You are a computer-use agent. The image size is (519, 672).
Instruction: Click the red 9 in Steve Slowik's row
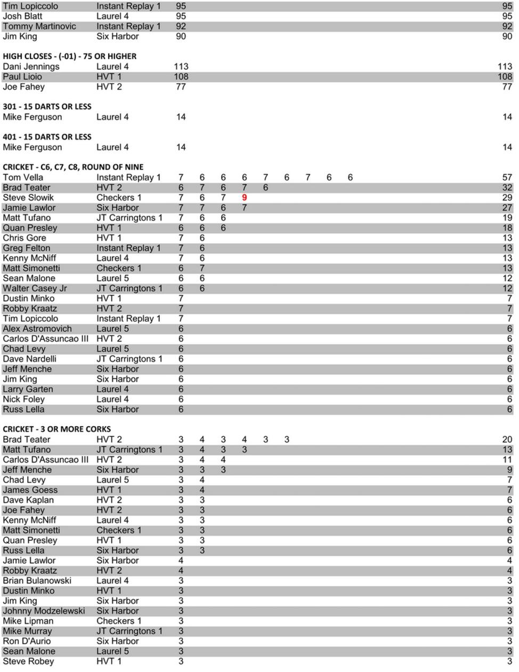coord(245,198)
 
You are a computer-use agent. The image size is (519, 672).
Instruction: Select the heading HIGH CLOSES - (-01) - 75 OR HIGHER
coord(69,56)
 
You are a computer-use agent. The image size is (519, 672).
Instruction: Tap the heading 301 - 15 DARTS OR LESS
coord(47,107)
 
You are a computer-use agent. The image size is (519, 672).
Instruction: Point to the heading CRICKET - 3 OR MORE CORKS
coord(56,429)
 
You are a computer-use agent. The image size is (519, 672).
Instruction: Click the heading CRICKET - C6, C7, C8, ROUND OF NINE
coord(73,167)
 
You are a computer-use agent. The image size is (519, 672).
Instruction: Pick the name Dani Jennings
coord(31,67)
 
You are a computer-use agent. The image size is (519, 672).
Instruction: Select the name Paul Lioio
coord(22,77)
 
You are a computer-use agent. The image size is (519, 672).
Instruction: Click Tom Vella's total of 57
coord(507,178)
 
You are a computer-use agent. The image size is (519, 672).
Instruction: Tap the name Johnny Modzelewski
coord(44,611)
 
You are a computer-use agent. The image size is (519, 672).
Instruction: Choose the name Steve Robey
coord(28,662)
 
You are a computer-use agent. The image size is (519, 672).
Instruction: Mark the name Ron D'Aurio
coord(27,642)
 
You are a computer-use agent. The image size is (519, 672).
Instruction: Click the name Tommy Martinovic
coord(39,27)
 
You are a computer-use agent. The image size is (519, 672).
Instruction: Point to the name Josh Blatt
coord(22,17)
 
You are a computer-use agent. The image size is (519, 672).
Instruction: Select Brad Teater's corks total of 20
coord(507,440)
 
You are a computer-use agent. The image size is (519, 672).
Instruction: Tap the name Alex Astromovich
coord(37,329)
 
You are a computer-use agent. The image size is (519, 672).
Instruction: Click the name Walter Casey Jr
coord(35,289)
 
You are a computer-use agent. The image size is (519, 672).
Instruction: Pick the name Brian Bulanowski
coord(37,581)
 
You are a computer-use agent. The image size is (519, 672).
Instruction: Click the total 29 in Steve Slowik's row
coord(507,198)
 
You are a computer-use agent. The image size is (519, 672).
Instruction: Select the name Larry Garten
coord(28,389)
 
